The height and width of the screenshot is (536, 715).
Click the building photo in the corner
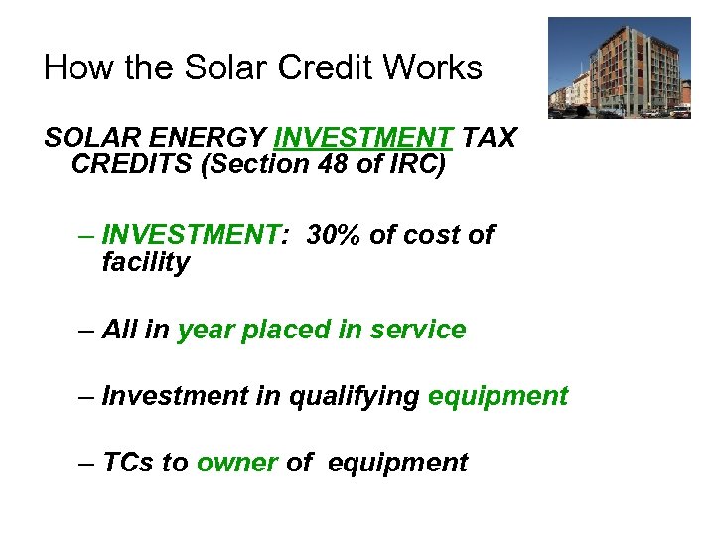(619, 67)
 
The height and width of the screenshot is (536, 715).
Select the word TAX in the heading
(489, 138)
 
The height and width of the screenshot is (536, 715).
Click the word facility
(145, 263)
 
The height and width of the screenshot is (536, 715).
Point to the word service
(418, 330)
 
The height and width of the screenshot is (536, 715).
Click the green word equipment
(498, 396)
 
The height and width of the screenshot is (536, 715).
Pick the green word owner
(236, 463)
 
